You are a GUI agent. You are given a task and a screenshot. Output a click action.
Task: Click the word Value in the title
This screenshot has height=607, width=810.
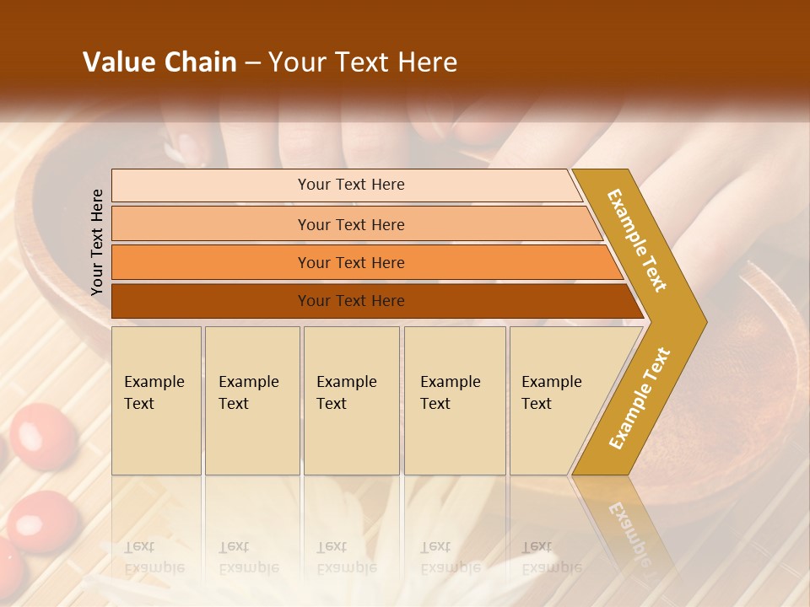[117, 62]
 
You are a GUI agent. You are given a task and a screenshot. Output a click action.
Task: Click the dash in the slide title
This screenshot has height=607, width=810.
[252, 63]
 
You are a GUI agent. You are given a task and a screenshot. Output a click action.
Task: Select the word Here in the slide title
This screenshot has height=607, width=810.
[427, 62]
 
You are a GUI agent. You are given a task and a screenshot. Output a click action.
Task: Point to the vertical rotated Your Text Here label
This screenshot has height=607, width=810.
[97, 242]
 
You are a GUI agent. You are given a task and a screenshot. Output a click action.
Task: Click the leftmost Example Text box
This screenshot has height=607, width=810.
[156, 400]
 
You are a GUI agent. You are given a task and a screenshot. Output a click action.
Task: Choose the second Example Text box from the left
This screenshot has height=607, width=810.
[251, 400]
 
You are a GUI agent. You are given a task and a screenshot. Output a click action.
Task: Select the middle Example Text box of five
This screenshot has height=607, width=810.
[351, 400]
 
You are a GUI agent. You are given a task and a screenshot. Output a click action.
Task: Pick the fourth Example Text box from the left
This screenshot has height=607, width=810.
[455, 400]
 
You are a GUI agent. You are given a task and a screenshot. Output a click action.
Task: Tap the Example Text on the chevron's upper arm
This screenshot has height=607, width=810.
[637, 240]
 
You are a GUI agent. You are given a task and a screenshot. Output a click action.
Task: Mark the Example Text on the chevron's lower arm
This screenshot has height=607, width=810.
[639, 398]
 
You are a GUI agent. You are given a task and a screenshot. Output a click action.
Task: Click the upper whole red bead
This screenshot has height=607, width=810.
[44, 435]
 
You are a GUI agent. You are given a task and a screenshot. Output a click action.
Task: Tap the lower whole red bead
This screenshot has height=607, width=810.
[42, 520]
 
